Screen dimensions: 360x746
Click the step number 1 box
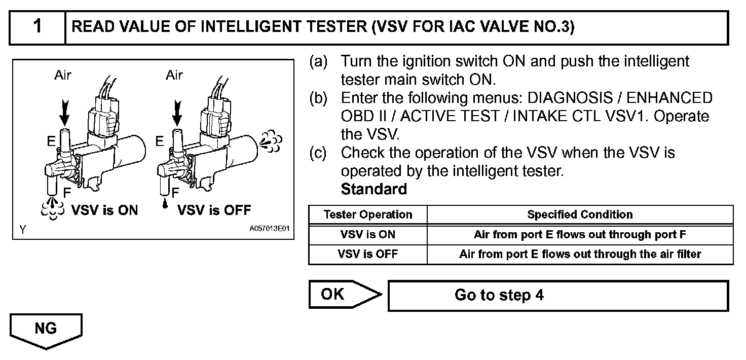pos(38,27)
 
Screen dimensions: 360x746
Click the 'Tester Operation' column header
pos(368,214)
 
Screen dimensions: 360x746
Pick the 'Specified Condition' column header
pos(580,214)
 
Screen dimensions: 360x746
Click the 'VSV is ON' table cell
pos(368,235)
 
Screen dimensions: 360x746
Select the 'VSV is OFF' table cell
pos(368,254)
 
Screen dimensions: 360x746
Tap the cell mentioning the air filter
pos(580,254)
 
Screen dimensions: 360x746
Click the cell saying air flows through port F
pos(580,235)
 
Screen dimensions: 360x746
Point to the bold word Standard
pos(374,189)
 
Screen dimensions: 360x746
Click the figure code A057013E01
pos(269,229)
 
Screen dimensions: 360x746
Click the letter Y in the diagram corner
pos(23,229)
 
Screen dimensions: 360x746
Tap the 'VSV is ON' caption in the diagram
pos(104,210)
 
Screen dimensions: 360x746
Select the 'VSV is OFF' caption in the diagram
pos(214,210)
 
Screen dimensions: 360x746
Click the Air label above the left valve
pos(63,76)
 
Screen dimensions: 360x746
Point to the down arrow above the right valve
pos(176,113)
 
